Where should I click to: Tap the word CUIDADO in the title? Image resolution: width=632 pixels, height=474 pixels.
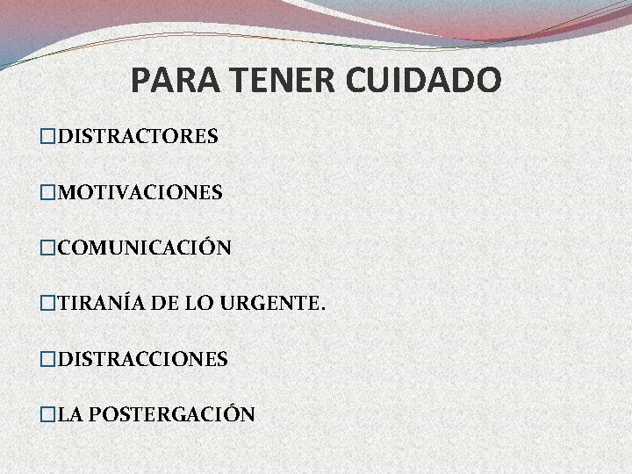(426, 81)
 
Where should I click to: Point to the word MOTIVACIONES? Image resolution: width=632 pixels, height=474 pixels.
(140, 192)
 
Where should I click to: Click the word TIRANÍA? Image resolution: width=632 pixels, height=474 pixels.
(92, 304)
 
